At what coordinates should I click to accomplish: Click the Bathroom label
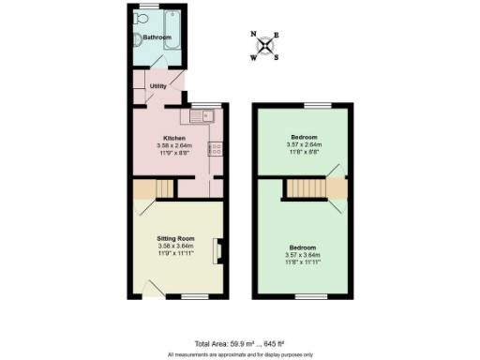(157, 37)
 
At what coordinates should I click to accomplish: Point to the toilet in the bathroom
(138, 38)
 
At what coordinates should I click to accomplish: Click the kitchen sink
(202, 116)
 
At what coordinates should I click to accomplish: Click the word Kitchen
(175, 139)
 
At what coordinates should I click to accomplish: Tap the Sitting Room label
(175, 239)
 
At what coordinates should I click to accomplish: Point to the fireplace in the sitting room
(217, 251)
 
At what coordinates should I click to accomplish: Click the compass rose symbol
(266, 44)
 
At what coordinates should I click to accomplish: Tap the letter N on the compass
(255, 34)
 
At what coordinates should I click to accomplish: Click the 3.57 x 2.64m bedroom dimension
(304, 144)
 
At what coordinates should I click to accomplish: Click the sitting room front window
(193, 296)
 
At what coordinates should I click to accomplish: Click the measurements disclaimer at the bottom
(240, 354)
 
